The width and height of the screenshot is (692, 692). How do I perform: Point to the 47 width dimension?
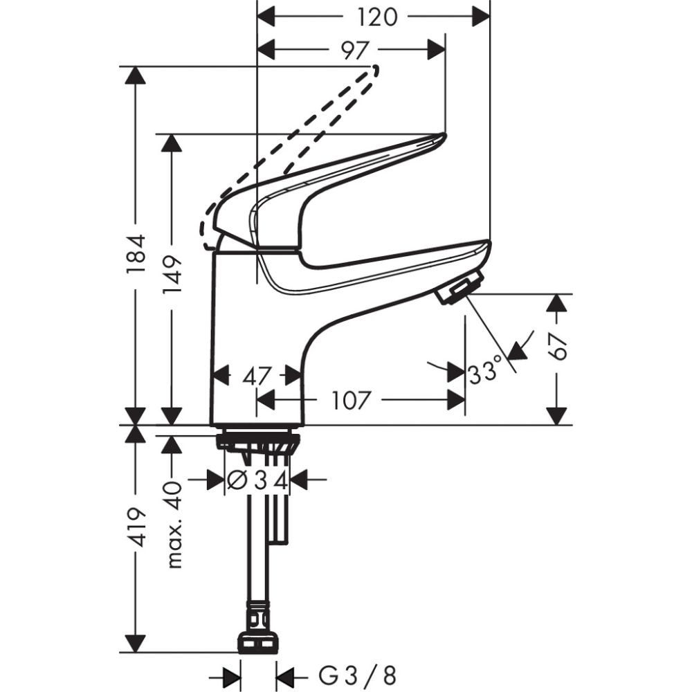[x=255, y=376]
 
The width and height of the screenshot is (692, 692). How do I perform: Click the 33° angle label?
[x=484, y=372]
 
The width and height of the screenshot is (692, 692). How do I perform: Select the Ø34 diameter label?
[x=257, y=480]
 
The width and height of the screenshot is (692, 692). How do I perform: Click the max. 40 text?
[x=174, y=524]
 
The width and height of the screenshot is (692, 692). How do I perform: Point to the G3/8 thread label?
[x=357, y=674]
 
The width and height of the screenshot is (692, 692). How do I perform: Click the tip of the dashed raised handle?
[x=376, y=69]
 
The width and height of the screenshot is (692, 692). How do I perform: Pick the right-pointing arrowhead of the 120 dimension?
[x=480, y=16]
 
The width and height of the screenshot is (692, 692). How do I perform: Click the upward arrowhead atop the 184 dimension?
[x=136, y=75]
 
